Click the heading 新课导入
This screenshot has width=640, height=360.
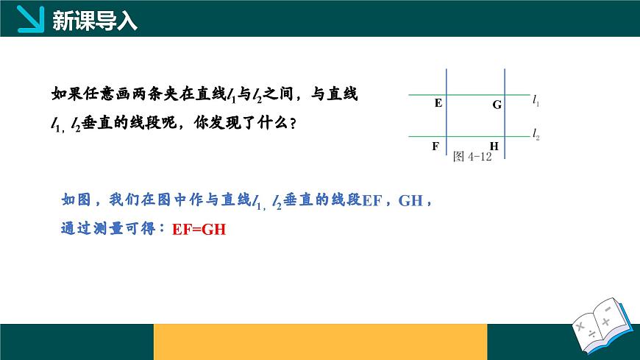[x=96, y=21]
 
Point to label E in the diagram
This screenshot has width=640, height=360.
[x=438, y=103]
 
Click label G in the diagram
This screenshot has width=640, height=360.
[x=497, y=105]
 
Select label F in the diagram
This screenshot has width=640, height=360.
[x=435, y=146]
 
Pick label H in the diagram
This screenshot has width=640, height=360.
[x=494, y=146]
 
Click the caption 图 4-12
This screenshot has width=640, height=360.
[x=472, y=156]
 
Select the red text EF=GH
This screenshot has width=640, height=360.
[x=199, y=229]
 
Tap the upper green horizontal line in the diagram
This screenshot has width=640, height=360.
[x=471, y=94]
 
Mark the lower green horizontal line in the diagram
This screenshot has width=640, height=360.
[x=471, y=136]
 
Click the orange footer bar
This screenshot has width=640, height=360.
[x=320, y=342]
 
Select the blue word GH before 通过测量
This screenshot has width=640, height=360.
[x=410, y=200]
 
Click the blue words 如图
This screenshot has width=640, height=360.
[x=76, y=200]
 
